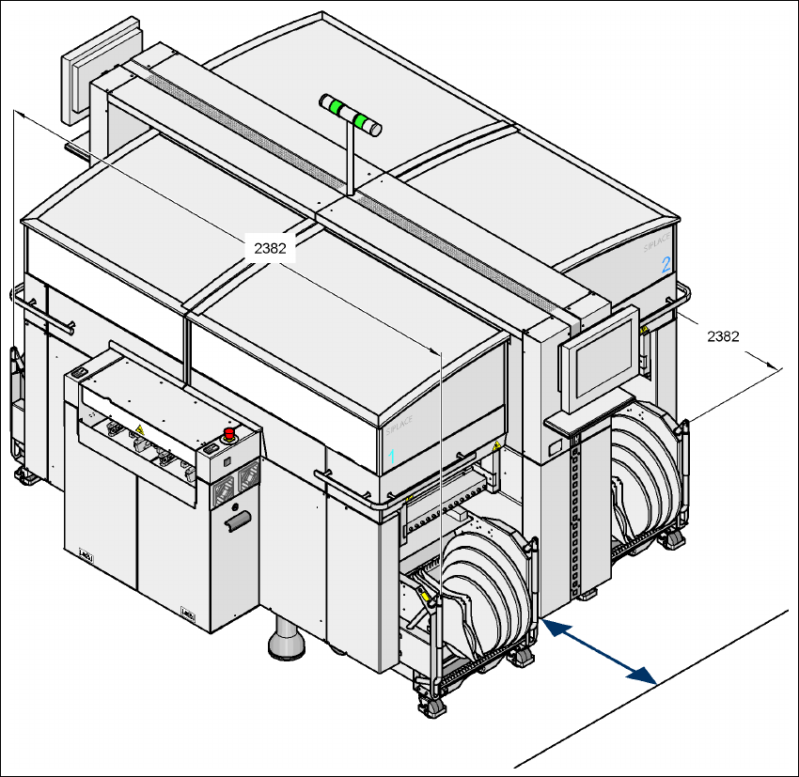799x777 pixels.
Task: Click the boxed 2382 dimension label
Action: pyautogui.click(x=270, y=248)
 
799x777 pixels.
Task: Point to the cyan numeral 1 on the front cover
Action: pyautogui.click(x=394, y=455)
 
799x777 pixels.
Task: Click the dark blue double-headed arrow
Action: pyautogui.click(x=598, y=648)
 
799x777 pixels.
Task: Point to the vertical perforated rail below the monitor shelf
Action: pyautogui.click(x=577, y=521)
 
